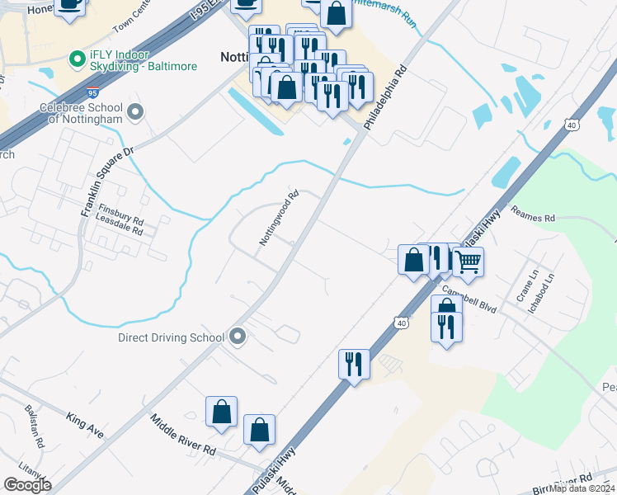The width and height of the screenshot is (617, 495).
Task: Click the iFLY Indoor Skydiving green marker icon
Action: (76, 59)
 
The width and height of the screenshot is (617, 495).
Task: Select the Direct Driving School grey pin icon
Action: (238, 337)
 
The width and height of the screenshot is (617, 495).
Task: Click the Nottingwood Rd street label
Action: (279, 219)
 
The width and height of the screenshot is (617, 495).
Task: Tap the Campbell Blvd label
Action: (469, 299)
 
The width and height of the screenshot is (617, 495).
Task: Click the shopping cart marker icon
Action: (468, 262)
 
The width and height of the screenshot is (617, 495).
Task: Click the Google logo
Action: (27, 485)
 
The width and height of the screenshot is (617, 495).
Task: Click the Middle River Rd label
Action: (182, 436)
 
